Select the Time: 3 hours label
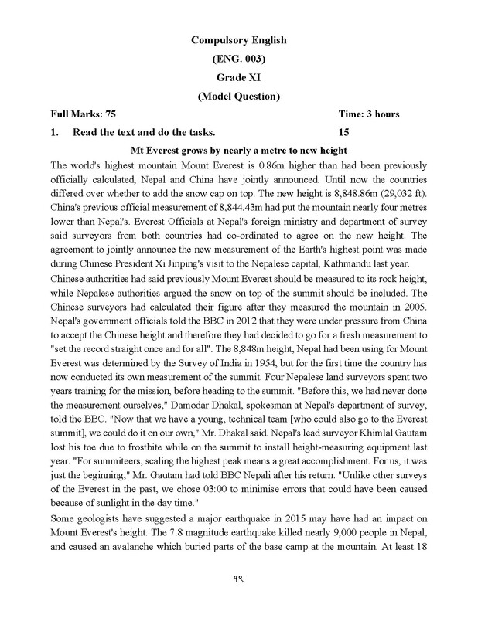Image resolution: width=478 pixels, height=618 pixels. pos(369,114)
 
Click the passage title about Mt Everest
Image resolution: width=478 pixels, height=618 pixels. pos(238,150)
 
